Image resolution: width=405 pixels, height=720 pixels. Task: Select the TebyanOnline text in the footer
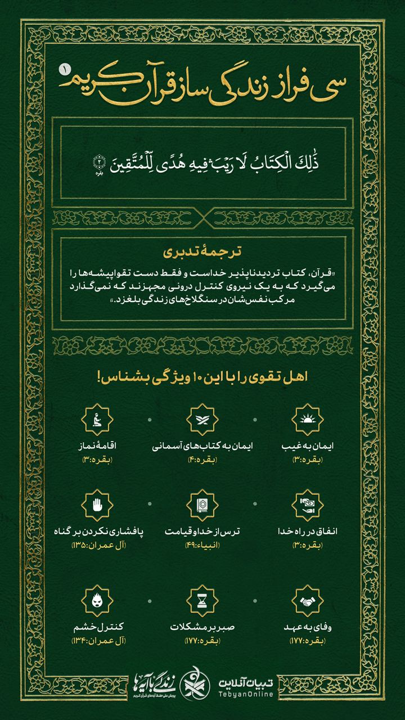(x=247, y=681)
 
